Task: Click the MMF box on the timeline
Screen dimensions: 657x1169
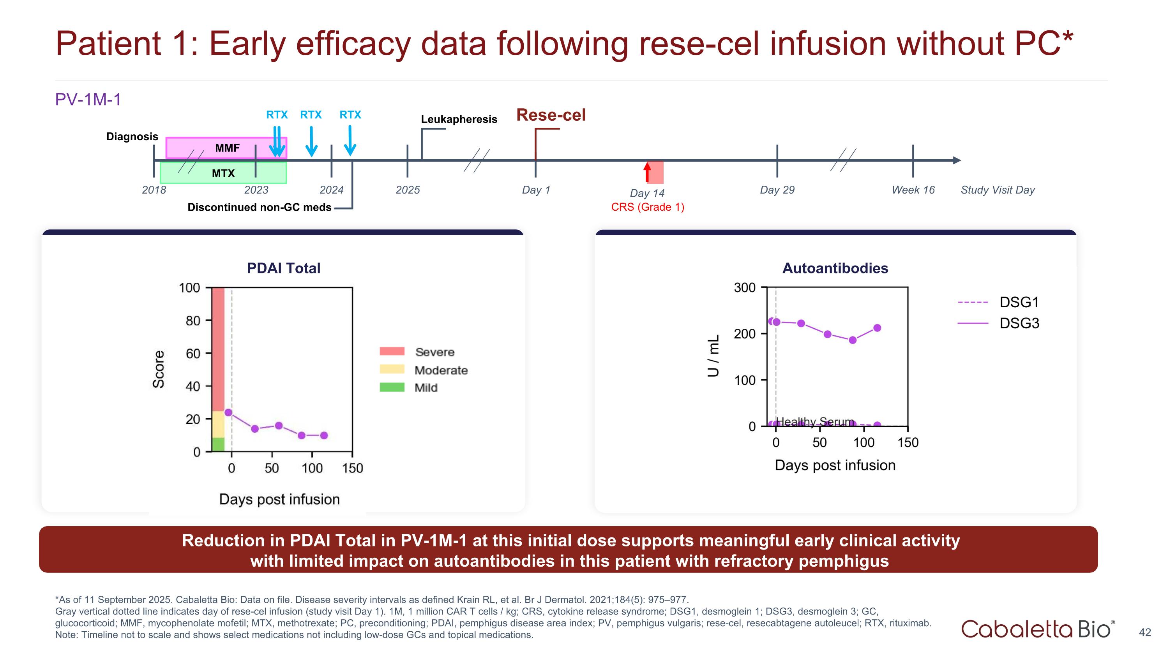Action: click(x=226, y=148)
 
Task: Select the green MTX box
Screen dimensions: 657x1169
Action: click(x=223, y=173)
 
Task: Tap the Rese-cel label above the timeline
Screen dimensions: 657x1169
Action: click(x=551, y=115)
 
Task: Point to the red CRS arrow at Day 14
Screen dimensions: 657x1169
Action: click(x=647, y=172)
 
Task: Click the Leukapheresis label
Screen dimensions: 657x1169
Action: click(x=459, y=119)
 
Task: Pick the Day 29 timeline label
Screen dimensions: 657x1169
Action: click(x=777, y=190)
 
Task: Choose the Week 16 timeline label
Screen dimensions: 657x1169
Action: click(x=913, y=190)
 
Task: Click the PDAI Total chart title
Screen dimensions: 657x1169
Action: click(x=284, y=268)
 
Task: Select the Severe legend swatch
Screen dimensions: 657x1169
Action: click(x=392, y=351)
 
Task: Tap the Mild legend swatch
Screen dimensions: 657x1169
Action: click(x=392, y=387)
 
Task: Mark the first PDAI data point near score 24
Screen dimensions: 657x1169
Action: click(x=229, y=412)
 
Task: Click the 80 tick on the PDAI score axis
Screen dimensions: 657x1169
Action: click(x=193, y=321)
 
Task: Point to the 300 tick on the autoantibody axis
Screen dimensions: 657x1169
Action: click(x=745, y=287)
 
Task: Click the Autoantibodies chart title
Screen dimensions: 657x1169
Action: click(x=835, y=268)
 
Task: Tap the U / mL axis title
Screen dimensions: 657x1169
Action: click(x=713, y=356)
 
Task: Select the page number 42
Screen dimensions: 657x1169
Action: click(x=1144, y=632)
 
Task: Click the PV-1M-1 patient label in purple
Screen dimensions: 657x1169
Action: click(x=88, y=99)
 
